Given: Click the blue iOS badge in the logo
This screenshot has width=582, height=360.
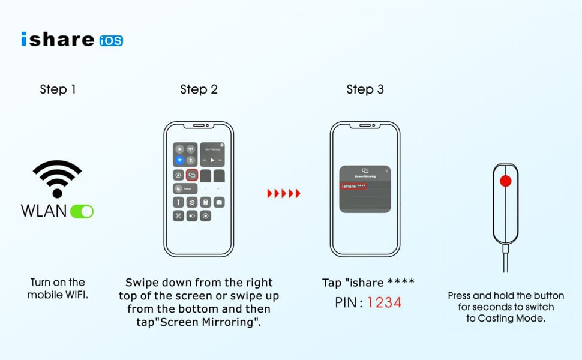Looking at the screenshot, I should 111,40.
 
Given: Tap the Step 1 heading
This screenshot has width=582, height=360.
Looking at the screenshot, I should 58,89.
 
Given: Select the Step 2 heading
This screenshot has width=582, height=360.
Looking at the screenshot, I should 199,89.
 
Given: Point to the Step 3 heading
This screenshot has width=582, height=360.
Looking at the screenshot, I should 365,89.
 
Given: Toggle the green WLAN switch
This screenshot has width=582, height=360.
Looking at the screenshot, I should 82,211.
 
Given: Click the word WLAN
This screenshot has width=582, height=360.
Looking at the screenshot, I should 44,211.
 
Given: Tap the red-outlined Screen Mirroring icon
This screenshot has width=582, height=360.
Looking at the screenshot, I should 192,175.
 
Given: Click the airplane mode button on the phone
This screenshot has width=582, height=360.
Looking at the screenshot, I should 179,149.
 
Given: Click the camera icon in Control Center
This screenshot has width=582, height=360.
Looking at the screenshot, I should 219,202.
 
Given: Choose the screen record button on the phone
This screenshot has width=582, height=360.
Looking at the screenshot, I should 206,216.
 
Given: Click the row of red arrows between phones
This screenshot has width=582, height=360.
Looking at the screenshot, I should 283,193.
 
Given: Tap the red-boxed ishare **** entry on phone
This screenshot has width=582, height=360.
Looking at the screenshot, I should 353,187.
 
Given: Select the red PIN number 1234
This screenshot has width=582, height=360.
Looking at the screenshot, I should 384,302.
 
